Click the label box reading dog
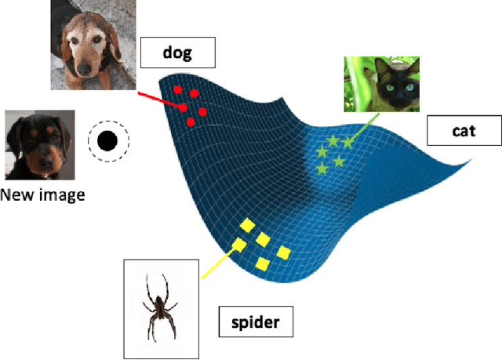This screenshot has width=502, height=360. coord(177,53)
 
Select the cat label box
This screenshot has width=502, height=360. coord(464,130)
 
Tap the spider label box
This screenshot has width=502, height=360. coord(255,320)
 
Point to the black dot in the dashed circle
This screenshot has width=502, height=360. coord(107,141)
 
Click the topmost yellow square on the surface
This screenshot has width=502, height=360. coord(246,226)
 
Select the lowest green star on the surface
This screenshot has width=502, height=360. coord(322,169)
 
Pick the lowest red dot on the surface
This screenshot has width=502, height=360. coord(191,122)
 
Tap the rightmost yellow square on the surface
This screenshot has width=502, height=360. coord(282,253)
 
